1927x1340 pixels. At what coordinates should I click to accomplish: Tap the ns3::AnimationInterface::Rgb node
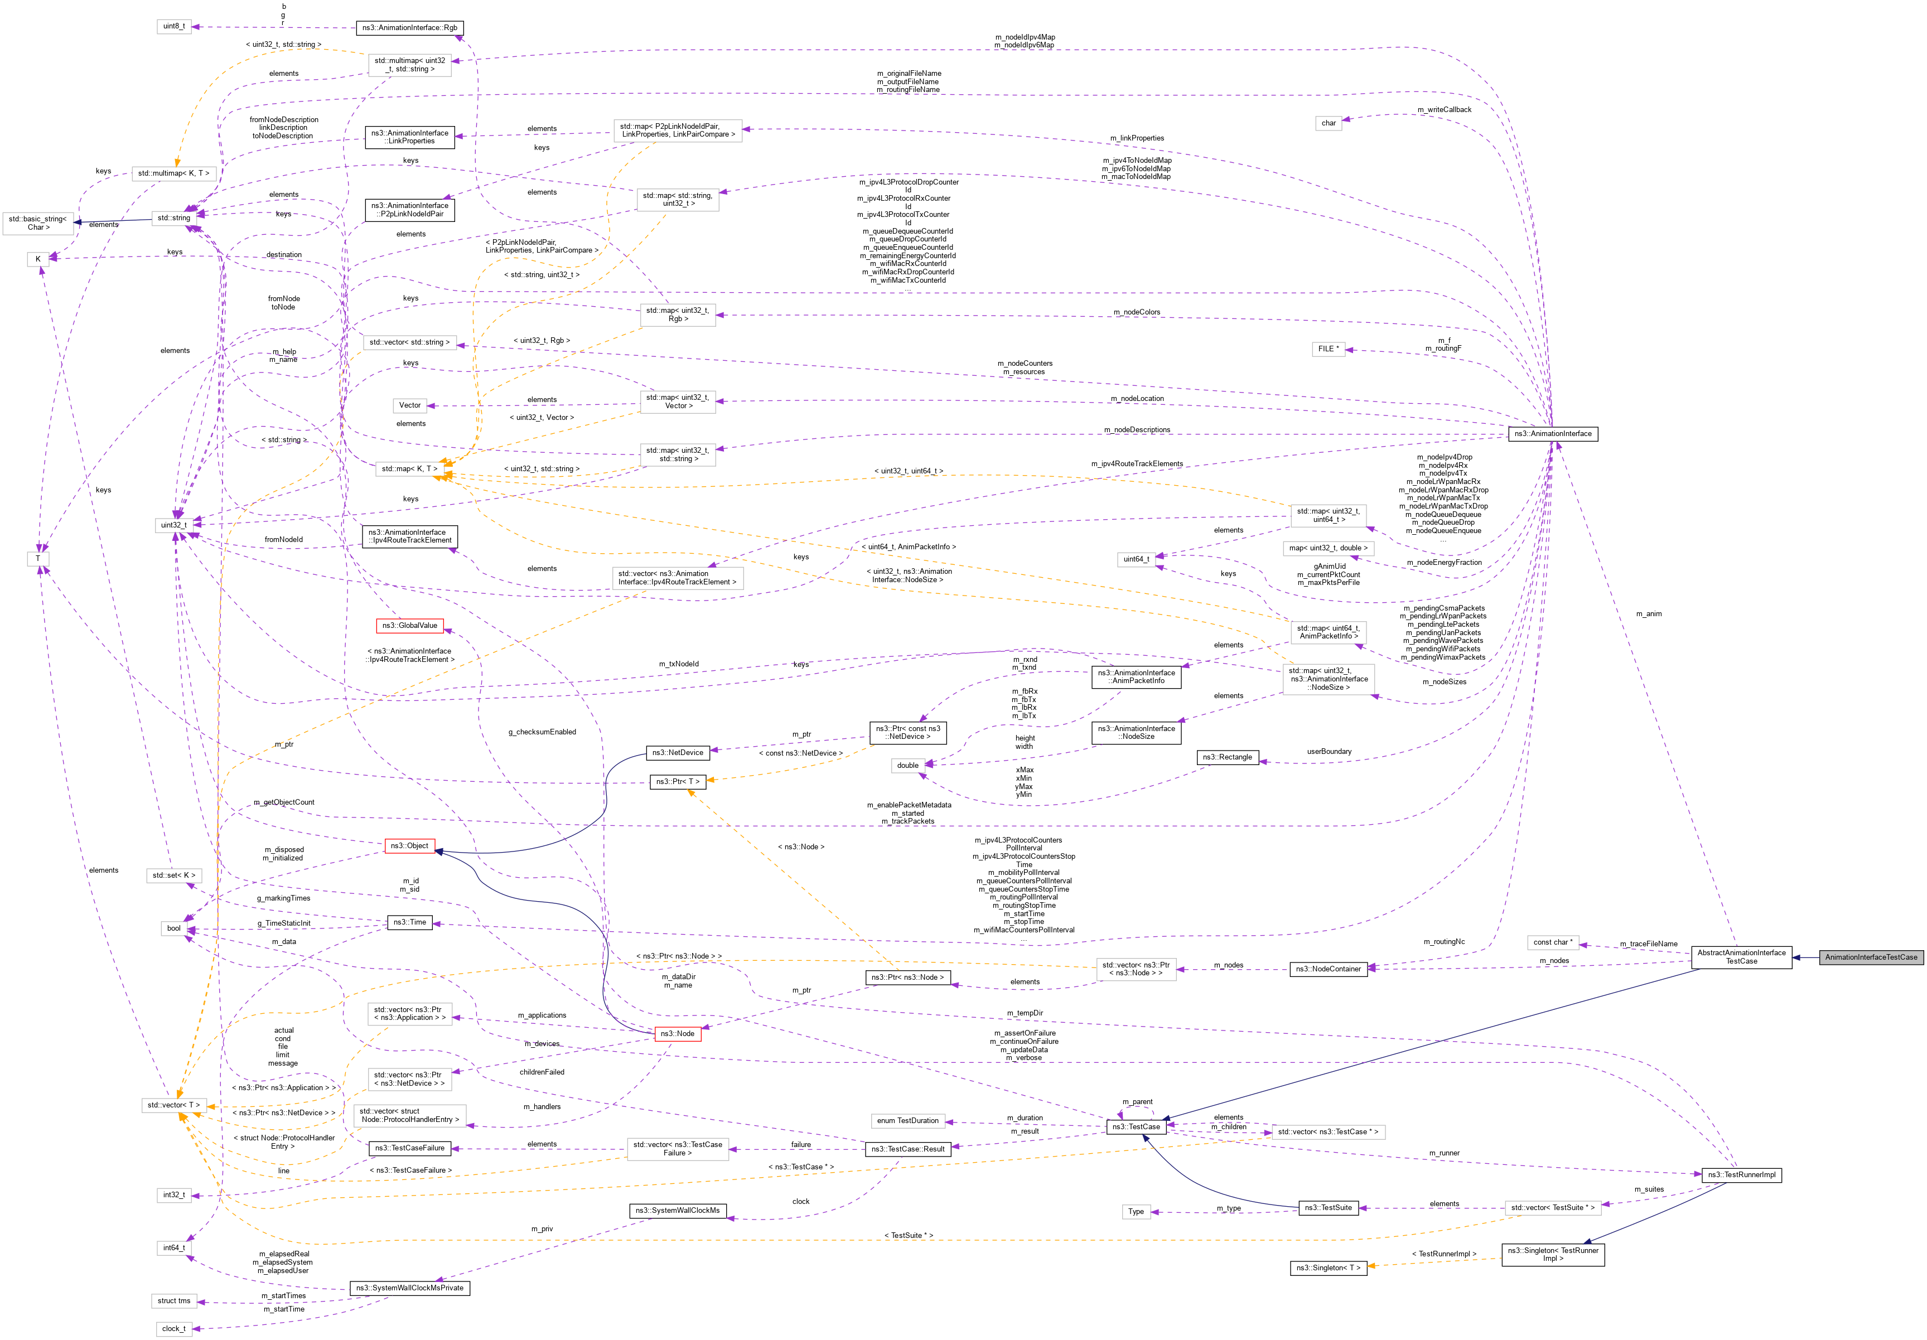(409, 28)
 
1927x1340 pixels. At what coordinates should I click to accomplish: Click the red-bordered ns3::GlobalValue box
(409, 625)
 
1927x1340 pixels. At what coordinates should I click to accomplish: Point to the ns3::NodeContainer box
(1328, 969)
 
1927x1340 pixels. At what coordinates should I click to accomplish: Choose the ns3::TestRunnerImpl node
(1741, 1175)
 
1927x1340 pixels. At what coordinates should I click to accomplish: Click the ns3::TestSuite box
(1328, 1207)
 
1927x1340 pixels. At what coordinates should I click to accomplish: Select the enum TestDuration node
(907, 1120)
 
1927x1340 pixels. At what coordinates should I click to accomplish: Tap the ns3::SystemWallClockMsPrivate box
(409, 1288)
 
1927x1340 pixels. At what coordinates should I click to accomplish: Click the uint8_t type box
(173, 26)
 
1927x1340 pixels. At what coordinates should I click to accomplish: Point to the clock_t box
(173, 1328)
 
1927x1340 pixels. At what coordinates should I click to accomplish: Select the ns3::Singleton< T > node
(1328, 1268)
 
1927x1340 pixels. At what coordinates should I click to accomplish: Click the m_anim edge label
(1648, 614)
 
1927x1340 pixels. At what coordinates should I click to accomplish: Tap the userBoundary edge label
(1329, 752)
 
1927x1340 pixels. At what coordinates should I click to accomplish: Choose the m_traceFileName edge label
(1648, 944)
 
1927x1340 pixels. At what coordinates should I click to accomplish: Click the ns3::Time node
(409, 922)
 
